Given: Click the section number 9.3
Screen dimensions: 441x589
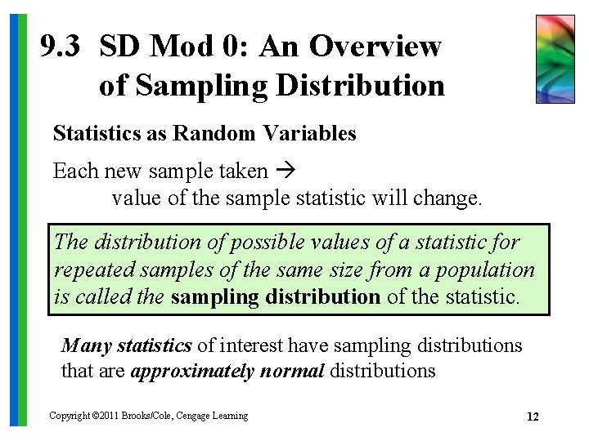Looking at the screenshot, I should [60, 47].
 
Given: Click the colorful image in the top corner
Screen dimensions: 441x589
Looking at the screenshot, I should [555, 59].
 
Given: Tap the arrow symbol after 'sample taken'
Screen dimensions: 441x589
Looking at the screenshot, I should [286, 171].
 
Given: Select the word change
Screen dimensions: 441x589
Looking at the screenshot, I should [452, 198].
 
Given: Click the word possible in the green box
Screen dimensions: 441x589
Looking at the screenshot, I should [270, 243].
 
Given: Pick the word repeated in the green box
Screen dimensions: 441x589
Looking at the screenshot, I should [89, 269].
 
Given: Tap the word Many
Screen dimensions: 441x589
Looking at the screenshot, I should [85, 345].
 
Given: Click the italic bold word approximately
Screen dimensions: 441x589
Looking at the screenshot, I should [192, 371].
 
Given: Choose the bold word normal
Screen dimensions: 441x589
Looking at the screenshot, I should [294, 371].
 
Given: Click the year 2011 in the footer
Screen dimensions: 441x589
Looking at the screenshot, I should [109, 416].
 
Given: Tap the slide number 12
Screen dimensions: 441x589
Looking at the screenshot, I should [533, 417].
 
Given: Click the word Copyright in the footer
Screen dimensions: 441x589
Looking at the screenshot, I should [69, 416].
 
